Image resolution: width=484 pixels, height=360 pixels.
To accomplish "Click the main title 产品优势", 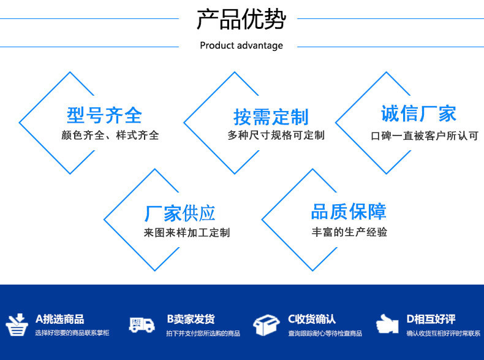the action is pyautogui.click(x=241, y=19).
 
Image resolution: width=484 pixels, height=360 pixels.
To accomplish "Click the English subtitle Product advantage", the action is pyautogui.click(x=241, y=45).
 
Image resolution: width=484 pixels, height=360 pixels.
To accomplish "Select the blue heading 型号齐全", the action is pyautogui.click(x=104, y=115).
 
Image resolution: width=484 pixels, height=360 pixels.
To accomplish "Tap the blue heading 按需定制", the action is pyautogui.click(x=271, y=117).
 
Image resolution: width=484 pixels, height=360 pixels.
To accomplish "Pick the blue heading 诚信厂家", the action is pyautogui.click(x=418, y=113).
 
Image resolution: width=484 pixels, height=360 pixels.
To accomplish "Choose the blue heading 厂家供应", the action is pyautogui.click(x=180, y=213).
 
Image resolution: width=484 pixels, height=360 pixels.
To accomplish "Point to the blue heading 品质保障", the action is pyautogui.click(x=349, y=212).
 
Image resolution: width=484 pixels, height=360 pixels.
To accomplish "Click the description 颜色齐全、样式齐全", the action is pyautogui.click(x=110, y=135).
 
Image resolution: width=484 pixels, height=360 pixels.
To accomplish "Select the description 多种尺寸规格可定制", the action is pyautogui.click(x=276, y=135).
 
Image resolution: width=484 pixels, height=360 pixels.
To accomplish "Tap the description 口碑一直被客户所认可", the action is pyautogui.click(x=425, y=136).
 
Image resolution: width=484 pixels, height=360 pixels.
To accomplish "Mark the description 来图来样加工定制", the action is pyautogui.click(x=187, y=232).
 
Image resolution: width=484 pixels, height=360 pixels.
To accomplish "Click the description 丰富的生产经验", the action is pyautogui.click(x=349, y=232).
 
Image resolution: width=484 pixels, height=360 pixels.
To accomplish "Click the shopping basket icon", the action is pyautogui.click(x=17, y=325).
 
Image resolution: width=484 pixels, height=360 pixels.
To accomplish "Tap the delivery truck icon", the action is pyautogui.click(x=142, y=325).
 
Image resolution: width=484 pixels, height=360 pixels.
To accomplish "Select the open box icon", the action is pyautogui.click(x=266, y=325).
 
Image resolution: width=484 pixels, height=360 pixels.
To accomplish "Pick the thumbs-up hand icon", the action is pyautogui.click(x=387, y=324).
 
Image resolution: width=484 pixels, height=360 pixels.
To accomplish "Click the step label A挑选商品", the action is pyautogui.click(x=60, y=319).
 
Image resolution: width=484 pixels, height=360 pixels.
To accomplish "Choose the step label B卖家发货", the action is pyautogui.click(x=191, y=319).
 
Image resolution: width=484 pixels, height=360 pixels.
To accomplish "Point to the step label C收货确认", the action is pyautogui.click(x=312, y=319).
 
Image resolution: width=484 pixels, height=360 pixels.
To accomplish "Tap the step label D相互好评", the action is pyautogui.click(x=431, y=319).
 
